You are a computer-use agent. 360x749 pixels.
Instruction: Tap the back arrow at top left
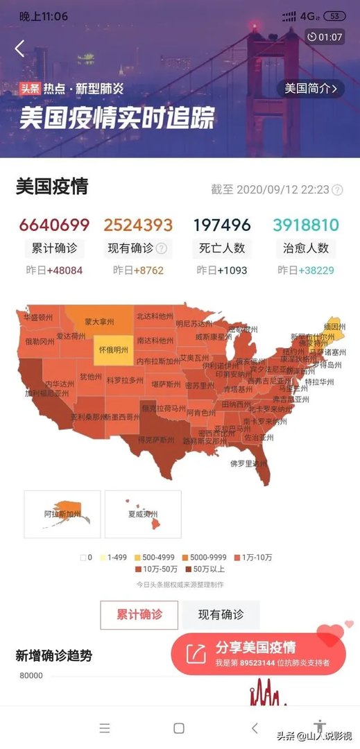[19, 48]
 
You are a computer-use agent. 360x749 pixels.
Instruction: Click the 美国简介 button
[311, 88]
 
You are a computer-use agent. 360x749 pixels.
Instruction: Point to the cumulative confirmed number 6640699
[54, 225]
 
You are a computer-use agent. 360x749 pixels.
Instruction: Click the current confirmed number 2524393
[138, 225]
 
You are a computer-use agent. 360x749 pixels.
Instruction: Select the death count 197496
[221, 225]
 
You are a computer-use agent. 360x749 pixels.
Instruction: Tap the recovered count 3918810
[305, 225]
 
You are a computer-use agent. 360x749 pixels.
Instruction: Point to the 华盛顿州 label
[38, 318]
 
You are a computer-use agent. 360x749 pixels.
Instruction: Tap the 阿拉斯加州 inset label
[62, 515]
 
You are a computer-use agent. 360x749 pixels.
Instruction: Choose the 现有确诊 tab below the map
[221, 614]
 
